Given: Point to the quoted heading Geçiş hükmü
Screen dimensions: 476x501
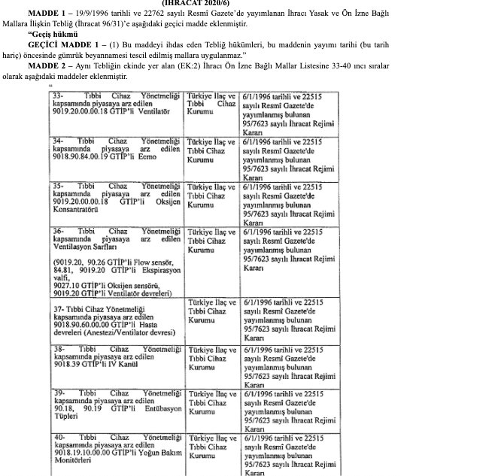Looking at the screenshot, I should click(x=53, y=35).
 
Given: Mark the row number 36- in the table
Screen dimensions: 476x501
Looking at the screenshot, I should click(x=58, y=232).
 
